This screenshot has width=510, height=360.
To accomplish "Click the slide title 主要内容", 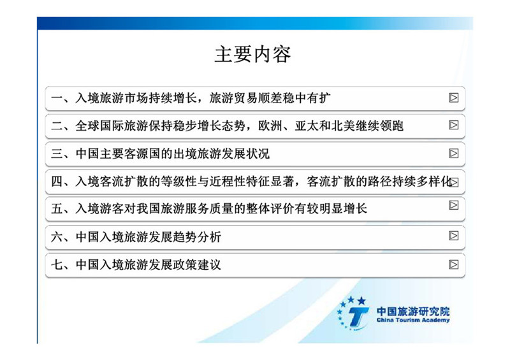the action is pos(252,54).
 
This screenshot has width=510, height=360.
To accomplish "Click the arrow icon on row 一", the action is pos(453,97).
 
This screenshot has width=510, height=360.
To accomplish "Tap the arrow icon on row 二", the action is pos(453,125).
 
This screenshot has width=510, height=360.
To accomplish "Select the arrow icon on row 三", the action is pos(453,153).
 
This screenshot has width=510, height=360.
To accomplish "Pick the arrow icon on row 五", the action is pos(453,205).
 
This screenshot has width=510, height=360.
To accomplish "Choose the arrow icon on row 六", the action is pos(453,236).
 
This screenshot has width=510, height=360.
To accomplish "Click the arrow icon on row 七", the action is pos(453,264).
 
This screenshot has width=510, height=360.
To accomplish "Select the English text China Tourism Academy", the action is pos(413,320).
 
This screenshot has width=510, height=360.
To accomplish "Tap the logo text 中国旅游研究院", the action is pos(413,311).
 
